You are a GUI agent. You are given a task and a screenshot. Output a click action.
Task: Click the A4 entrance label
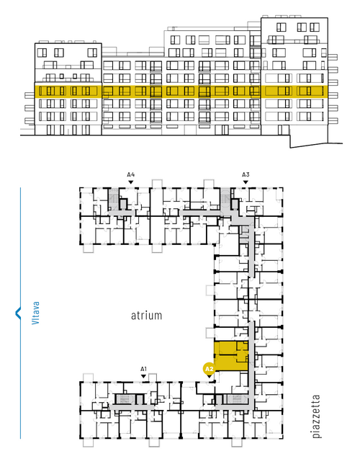point(131,175)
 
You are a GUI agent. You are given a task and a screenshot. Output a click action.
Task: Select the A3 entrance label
point(246,175)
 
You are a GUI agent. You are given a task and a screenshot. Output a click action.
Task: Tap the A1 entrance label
point(143,369)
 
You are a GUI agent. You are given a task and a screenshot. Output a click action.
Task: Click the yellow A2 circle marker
point(209,369)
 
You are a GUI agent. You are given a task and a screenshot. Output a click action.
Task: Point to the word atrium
point(146,316)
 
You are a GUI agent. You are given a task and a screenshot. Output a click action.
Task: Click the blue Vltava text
point(35,313)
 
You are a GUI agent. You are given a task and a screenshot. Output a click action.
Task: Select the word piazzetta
point(316,416)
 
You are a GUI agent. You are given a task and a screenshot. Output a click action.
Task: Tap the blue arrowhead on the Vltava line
point(18,313)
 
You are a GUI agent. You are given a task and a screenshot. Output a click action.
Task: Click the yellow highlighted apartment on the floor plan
point(231,356)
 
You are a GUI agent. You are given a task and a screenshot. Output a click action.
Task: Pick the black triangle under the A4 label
point(131,182)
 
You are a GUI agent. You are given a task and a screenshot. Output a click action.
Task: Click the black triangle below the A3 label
point(246,182)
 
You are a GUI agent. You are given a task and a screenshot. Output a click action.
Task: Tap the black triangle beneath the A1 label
point(143,376)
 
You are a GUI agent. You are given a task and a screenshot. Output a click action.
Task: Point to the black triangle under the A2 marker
point(209,377)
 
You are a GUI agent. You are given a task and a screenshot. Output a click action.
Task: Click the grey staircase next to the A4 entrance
point(113,199)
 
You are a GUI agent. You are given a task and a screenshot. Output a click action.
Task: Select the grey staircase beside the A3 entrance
point(225,199)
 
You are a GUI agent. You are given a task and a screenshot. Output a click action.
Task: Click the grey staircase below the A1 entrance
point(125,399)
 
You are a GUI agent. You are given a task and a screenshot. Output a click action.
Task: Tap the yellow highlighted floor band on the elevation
point(181,92)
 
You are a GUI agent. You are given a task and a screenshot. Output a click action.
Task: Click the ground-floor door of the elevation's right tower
point(284,130)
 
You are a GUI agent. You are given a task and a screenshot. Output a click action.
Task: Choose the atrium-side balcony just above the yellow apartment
point(210,333)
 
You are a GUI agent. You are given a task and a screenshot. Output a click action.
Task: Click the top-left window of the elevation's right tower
point(281,27)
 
